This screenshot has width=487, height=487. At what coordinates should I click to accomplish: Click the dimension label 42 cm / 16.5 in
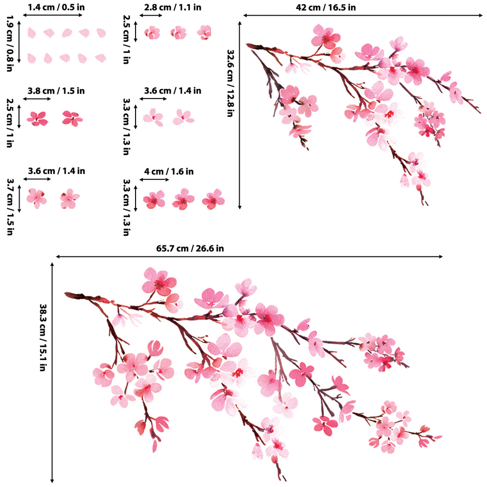pyautogui.click(x=325, y=8)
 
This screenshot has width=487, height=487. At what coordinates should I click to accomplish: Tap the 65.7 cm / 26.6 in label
pyautogui.click(x=190, y=248)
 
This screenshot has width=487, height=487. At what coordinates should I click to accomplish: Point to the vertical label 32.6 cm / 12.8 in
pyautogui.click(x=231, y=83)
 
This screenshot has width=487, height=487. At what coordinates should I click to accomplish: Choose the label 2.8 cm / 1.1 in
pyautogui.click(x=173, y=8)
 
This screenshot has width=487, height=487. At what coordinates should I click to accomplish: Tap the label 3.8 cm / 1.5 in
pyautogui.click(x=56, y=90)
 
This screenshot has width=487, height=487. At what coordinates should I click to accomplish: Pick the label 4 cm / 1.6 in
pyautogui.click(x=169, y=171)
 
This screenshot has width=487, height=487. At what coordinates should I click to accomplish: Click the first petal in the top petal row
pyautogui.click(x=31, y=33)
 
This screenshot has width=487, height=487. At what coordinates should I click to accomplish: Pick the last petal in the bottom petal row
pyautogui.click(x=100, y=58)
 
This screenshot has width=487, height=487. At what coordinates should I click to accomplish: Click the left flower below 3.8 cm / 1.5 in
pyautogui.click(x=37, y=118)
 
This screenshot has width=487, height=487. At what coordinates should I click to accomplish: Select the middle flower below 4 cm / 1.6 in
pyautogui.click(x=183, y=199)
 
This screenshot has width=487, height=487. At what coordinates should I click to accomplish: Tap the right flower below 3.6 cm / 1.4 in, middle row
pyautogui.click(x=183, y=117)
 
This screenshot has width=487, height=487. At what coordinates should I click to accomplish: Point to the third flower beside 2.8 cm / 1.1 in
pyautogui.click(x=205, y=32)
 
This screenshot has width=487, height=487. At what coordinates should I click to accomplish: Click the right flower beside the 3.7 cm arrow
pyautogui.click(x=69, y=198)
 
